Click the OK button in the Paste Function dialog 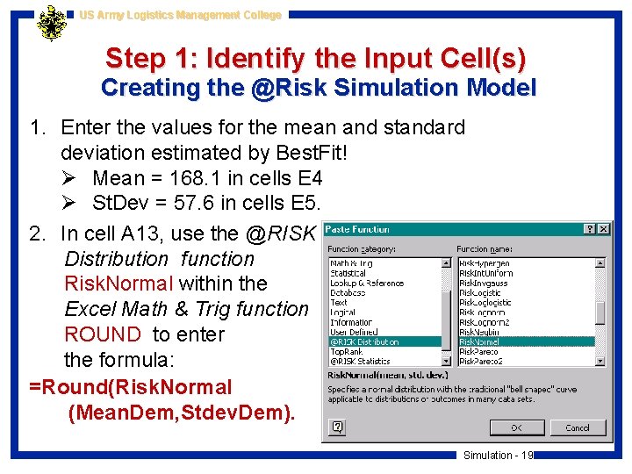click(x=516, y=427)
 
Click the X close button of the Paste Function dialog click(x=603, y=229)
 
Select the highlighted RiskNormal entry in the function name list click(x=480, y=341)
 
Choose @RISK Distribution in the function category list click(x=364, y=341)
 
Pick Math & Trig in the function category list click(x=351, y=263)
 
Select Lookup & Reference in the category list click(x=367, y=284)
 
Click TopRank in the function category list click(x=346, y=351)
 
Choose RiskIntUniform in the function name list click(x=486, y=273)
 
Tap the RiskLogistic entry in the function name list click(x=481, y=293)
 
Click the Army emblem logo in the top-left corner click(x=52, y=24)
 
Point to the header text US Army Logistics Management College click(x=180, y=15)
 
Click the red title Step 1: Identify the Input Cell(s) click(x=316, y=59)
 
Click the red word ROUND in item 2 click(x=102, y=334)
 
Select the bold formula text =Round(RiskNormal click(x=131, y=387)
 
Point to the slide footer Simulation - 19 click(x=499, y=455)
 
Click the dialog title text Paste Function click(x=358, y=229)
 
